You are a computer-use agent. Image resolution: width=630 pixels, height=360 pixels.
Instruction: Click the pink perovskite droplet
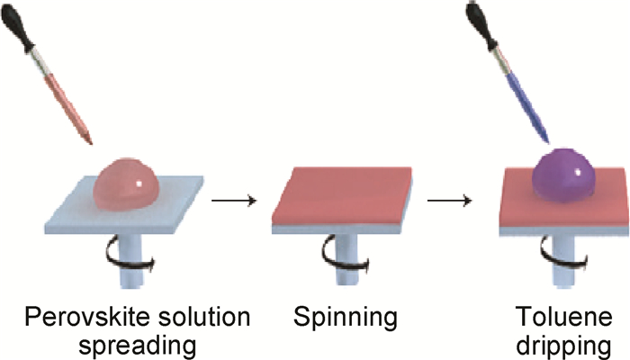pyautogui.click(x=125, y=185)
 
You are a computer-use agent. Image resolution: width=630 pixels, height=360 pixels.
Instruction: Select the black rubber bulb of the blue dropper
pyautogui.click(x=486, y=31)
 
